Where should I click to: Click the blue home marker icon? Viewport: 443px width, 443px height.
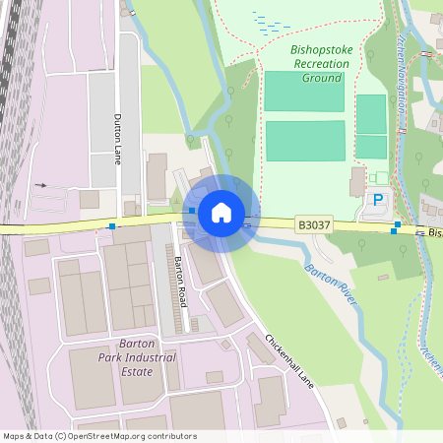[221, 213]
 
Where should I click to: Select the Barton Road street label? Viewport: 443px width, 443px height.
[180, 281]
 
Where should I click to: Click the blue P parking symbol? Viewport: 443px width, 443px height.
[377, 200]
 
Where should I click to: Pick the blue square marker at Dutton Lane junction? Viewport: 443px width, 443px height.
[112, 226]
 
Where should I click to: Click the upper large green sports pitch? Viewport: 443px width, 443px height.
[304, 91]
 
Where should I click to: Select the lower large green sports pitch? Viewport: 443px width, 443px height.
[304, 140]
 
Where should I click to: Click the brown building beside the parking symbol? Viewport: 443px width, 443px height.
[356, 182]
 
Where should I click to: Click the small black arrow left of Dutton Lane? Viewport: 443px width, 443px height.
[40, 184]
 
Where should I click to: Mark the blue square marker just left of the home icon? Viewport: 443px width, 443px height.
[191, 210]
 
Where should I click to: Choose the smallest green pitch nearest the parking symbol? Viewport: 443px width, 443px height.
[371, 147]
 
